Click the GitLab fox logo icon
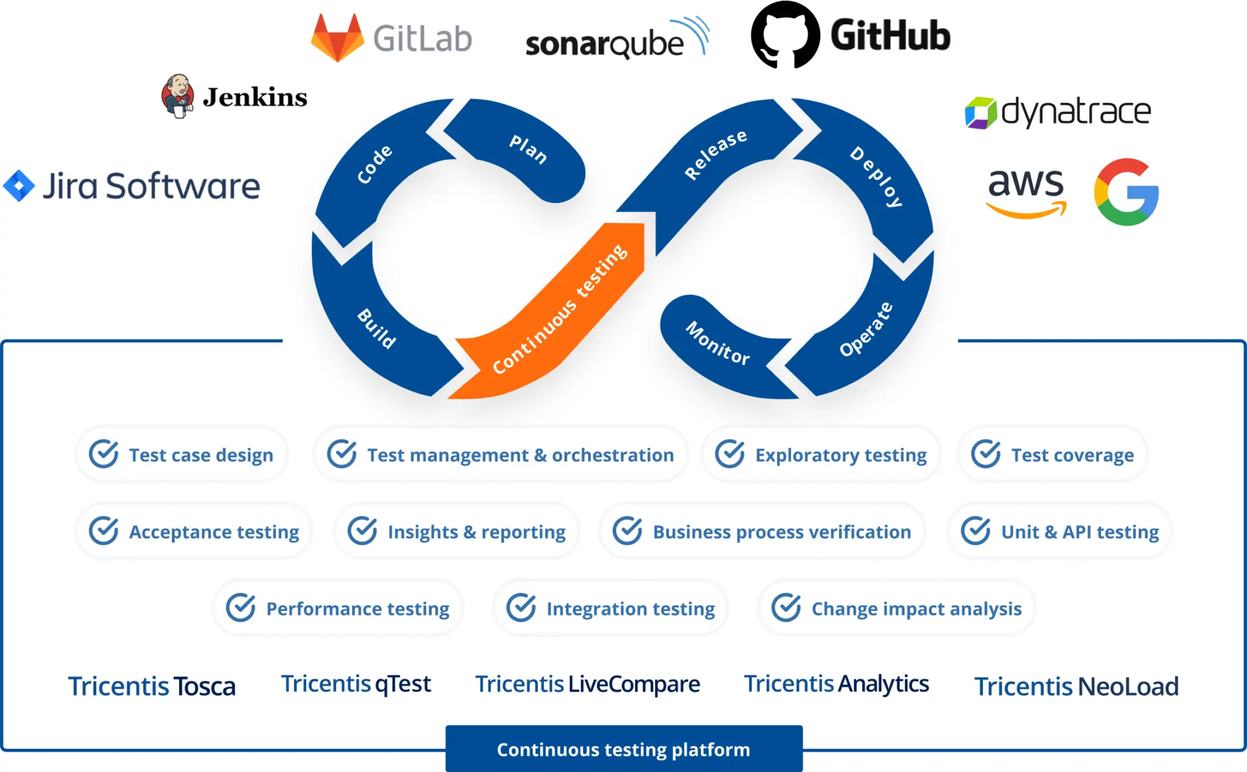pos(337,38)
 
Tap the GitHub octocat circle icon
pos(785,35)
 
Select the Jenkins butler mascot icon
pos(178,96)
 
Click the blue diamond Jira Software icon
pos(19,186)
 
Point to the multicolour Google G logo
pos(1126,192)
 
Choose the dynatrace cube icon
pos(980,113)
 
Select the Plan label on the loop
pos(528,149)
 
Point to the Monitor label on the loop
pos(718,343)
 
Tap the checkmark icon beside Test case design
pos(104,454)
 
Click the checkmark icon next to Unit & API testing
pos(975,531)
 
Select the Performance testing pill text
pos(357,609)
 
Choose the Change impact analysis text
pos(916,609)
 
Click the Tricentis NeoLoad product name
pos(1076,687)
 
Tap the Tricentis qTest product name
pos(356,684)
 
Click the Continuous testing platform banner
pos(623,749)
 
